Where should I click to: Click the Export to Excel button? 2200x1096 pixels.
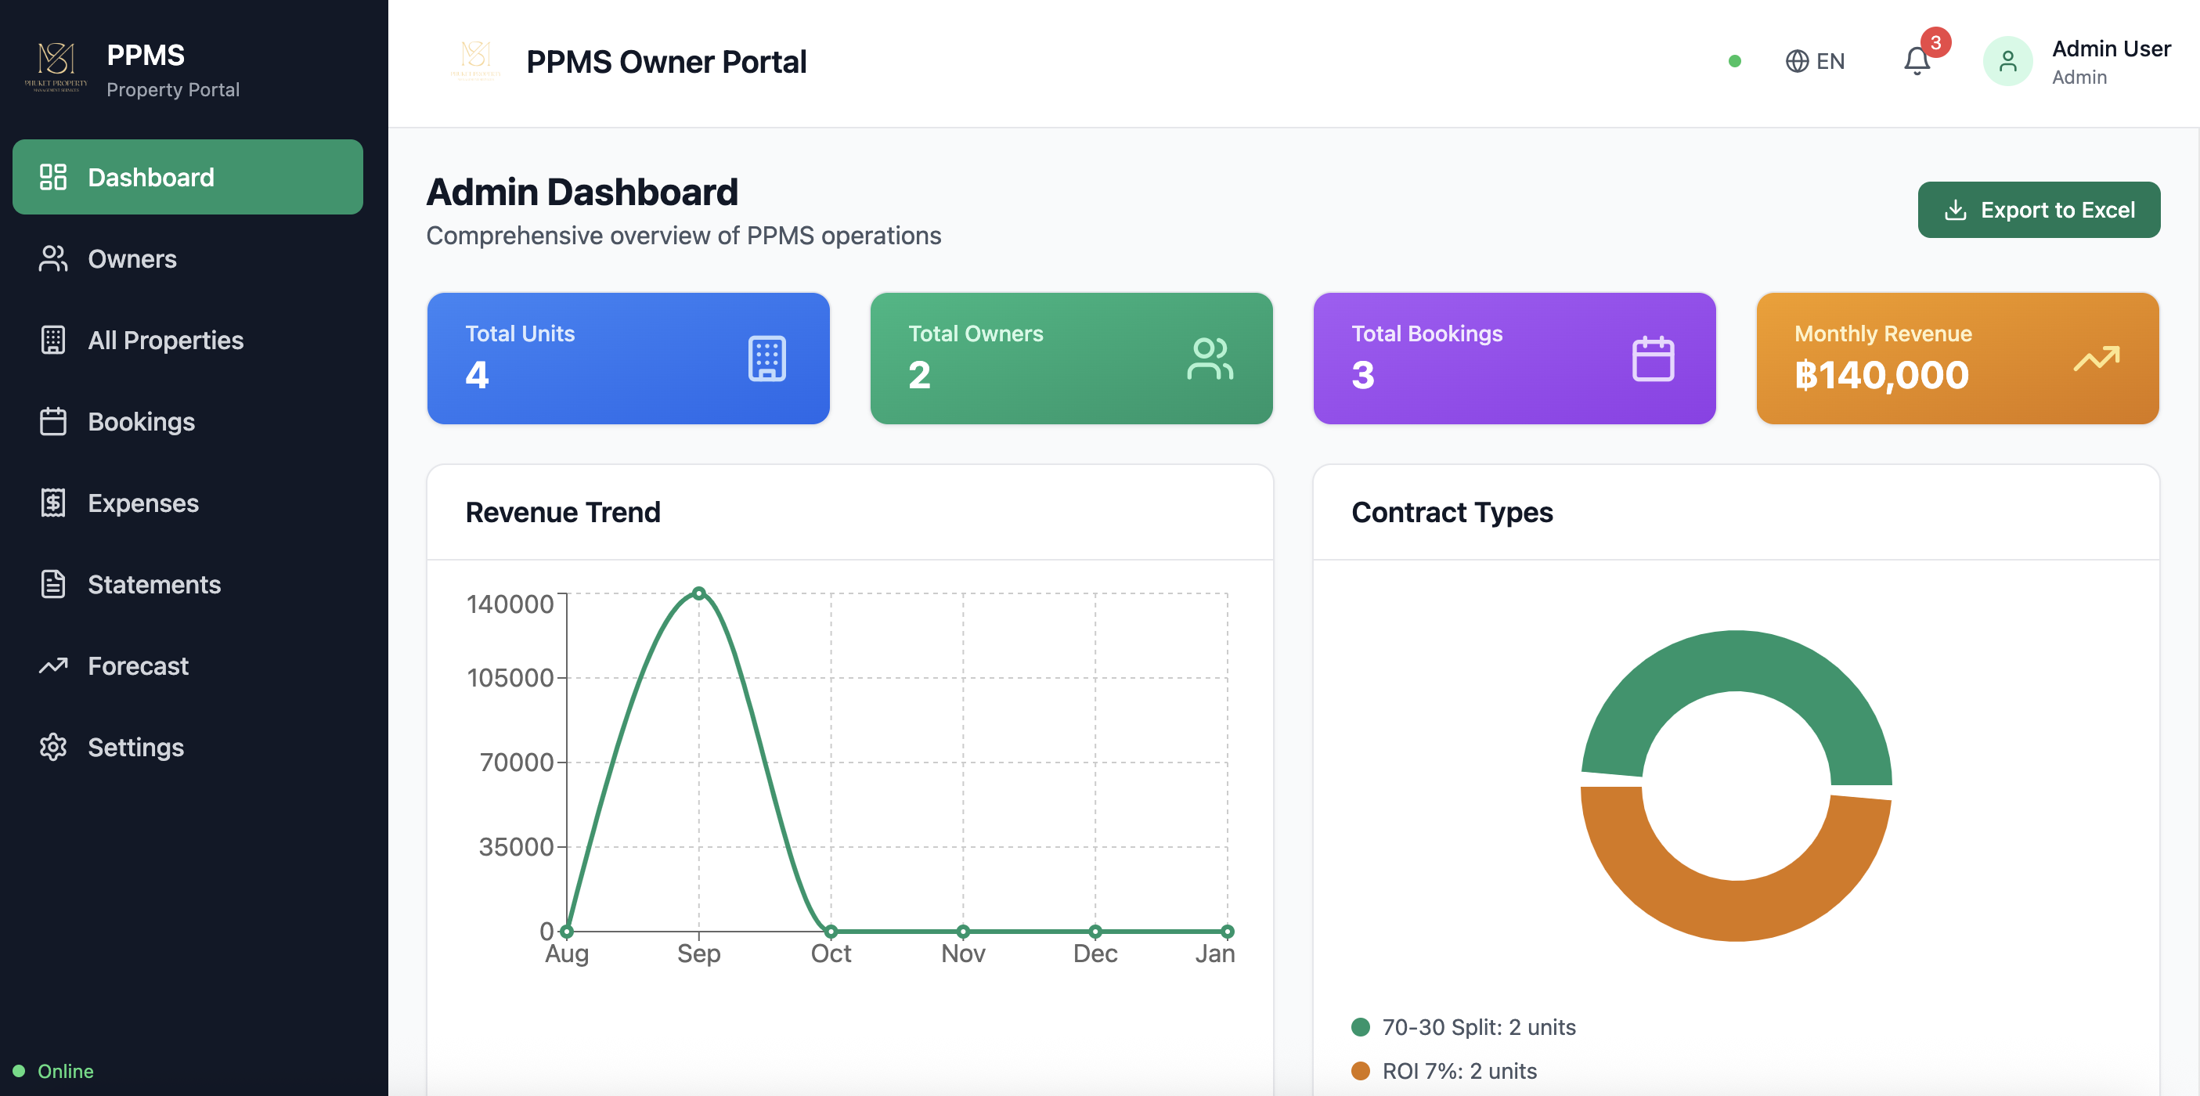click(x=2038, y=210)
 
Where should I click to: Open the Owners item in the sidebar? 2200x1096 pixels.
click(x=132, y=259)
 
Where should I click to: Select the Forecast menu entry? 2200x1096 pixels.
click(x=138, y=665)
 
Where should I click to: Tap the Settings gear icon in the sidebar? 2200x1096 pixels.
click(x=53, y=747)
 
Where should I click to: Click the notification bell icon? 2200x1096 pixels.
click(x=1917, y=62)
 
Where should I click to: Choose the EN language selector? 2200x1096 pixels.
click(x=1815, y=62)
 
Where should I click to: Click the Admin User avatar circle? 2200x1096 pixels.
click(x=2007, y=62)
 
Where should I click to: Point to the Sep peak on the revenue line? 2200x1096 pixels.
click(x=698, y=593)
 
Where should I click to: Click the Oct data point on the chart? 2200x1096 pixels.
click(x=830, y=931)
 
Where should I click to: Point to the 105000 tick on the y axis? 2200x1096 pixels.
click(x=510, y=678)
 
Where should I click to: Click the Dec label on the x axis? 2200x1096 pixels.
click(x=1094, y=954)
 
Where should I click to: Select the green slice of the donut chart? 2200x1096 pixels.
click(x=1736, y=662)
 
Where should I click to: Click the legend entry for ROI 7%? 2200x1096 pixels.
click(x=1459, y=1070)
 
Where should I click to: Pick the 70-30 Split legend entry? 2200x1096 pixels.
click(x=1477, y=1027)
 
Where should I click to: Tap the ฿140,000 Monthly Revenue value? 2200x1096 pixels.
click(x=1881, y=375)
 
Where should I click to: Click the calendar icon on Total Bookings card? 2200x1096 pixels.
click(x=1653, y=359)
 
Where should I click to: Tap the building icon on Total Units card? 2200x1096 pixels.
click(x=766, y=359)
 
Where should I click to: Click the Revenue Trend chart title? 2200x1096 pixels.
click(x=563, y=513)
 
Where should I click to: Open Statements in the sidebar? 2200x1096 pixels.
click(x=153, y=584)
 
